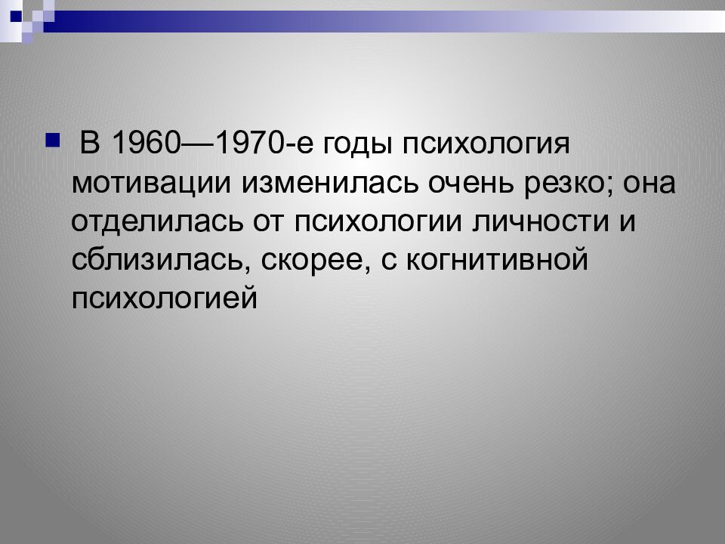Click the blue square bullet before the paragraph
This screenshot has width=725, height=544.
point(52,139)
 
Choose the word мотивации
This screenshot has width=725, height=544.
point(153,184)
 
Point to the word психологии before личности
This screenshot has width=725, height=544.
point(384,223)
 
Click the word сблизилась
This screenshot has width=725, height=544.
point(160,261)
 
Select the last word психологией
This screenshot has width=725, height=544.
point(165,300)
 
